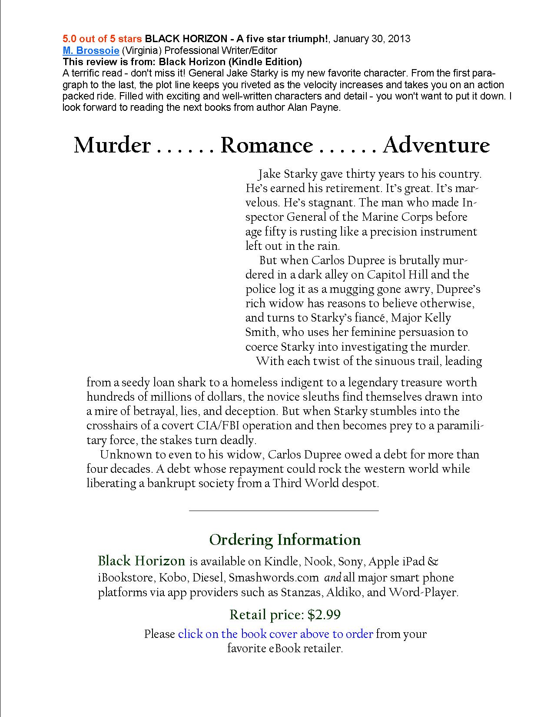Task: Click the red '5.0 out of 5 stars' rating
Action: (102, 39)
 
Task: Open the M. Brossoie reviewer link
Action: (91, 50)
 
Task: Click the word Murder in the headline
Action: (112, 146)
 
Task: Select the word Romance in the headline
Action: (266, 146)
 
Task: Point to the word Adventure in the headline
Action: (436, 146)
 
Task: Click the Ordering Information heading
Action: (285, 540)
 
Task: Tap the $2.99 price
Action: (324, 615)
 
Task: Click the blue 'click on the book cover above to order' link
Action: (275, 634)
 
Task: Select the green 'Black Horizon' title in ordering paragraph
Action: (142, 561)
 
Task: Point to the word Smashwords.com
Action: (274, 578)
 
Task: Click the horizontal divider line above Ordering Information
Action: (284, 510)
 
